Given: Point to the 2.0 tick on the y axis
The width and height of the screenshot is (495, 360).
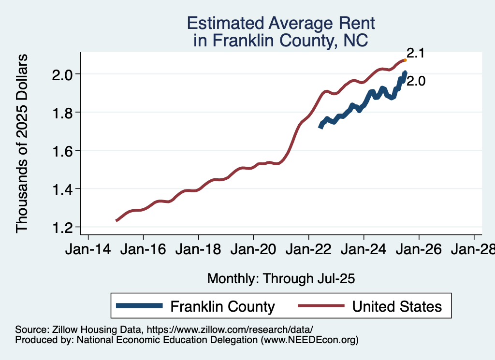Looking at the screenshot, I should (63, 74).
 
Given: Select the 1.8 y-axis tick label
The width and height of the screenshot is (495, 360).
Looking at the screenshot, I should (63, 113).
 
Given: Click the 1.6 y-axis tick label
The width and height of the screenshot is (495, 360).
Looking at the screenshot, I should (63, 151).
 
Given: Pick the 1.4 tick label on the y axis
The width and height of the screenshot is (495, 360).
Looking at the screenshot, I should (63, 189).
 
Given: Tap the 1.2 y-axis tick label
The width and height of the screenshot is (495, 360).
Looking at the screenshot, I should (63, 227).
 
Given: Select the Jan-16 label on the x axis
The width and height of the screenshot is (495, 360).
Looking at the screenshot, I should (143, 250).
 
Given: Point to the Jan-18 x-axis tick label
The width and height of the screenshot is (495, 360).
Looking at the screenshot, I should (198, 250).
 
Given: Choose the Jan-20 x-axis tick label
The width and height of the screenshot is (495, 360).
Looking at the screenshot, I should (253, 250).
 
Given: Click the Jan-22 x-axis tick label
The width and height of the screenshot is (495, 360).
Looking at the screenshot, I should (308, 250).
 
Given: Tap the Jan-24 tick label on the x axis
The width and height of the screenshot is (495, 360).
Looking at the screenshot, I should (364, 250).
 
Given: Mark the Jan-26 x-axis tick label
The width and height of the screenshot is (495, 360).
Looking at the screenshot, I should (419, 250).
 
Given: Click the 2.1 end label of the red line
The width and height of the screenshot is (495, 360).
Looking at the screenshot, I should (415, 53).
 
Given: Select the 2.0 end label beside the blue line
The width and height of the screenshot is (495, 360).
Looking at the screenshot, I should (416, 81).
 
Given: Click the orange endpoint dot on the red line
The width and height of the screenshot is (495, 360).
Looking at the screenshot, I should (405, 60).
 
